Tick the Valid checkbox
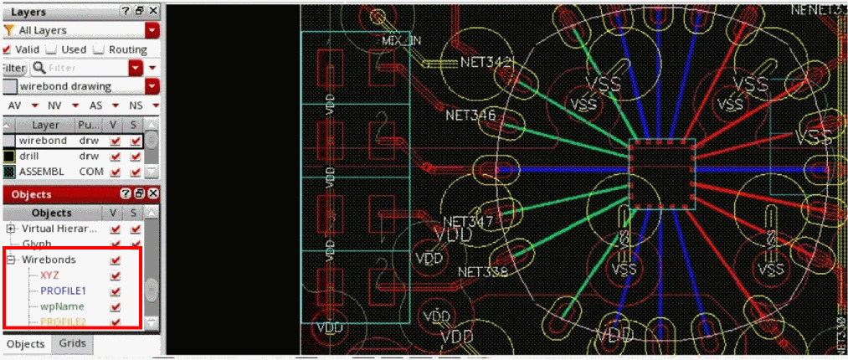[8, 49]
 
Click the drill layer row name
[33, 156]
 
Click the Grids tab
[70, 344]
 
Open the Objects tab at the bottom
[25, 344]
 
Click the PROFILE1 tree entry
[64, 291]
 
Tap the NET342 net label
[486, 62]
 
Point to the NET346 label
[470, 115]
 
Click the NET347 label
[468, 222]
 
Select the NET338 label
[484, 272]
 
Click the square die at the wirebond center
[661, 173]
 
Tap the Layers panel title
[28, 12]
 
